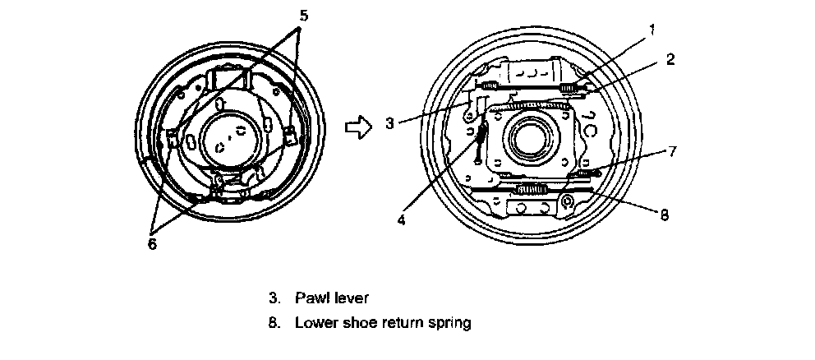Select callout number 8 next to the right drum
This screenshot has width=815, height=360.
pyautogui.click(x=664, y=215)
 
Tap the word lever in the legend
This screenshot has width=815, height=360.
pyautogui.click(x=345, y=295)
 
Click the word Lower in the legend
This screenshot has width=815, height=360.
pyautogui.click(x=315, y=323)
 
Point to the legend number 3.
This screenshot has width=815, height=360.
pyautogui.click(x=273, y=295)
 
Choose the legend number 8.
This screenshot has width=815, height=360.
pyautogui.click(x=273, y=323)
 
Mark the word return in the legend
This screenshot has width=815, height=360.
pyautogui.click(x=403, y=323)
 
